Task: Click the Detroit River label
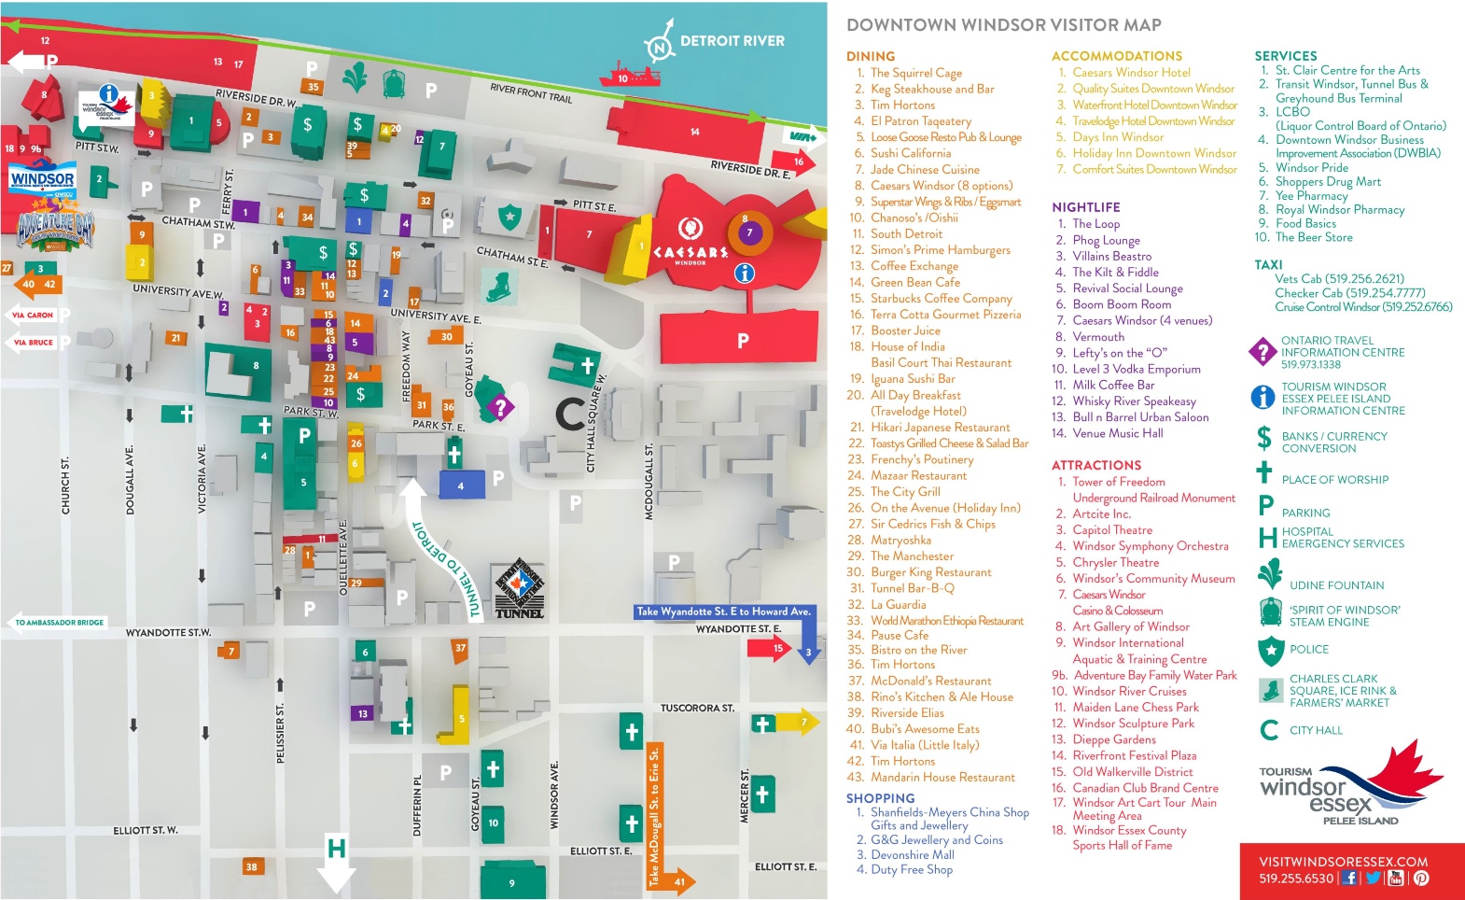coord(732,41)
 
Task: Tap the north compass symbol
coord(660,48)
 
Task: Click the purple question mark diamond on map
coord(501,406)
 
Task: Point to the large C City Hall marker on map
coord(570,414)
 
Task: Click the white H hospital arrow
coord(336,863)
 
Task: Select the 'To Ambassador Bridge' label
coord(59,623)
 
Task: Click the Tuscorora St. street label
coord(697,709)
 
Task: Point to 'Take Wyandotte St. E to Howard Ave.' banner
coord(723,612)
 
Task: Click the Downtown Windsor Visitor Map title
coord(1003,25)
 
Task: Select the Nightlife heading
coord(1085,207)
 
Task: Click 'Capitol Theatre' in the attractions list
coord(1111,529)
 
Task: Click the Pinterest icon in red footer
coord(1420,878)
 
